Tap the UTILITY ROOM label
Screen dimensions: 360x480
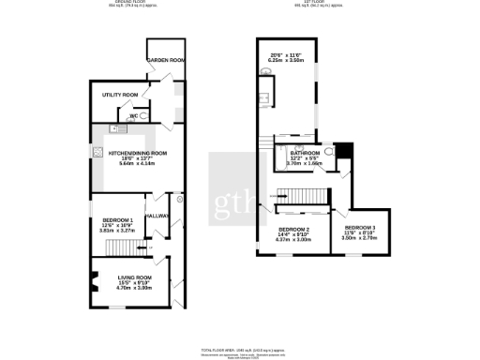[120, 95]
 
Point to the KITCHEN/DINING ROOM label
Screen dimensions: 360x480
[137, 153]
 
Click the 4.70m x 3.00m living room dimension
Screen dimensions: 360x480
[134, 289]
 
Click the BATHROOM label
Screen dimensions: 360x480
[305, 152]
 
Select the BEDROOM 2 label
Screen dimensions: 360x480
[293, 229]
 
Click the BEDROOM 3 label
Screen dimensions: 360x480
[359, 228]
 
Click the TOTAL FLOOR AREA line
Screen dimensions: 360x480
[241, 347]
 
